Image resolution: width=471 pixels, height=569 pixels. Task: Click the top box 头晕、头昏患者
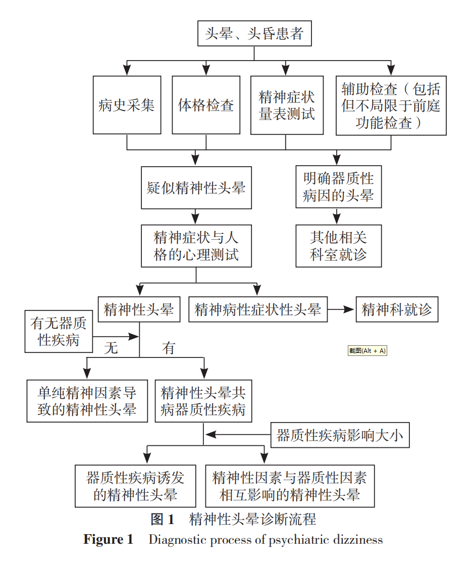254,33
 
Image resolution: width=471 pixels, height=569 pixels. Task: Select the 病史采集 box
127,105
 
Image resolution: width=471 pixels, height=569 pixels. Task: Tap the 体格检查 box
206,105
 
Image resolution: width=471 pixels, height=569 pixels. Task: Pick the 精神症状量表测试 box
287,105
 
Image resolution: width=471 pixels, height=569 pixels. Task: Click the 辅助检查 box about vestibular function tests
391,106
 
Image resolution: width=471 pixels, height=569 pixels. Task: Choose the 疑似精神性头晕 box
196,188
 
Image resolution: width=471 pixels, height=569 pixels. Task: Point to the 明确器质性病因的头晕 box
339,187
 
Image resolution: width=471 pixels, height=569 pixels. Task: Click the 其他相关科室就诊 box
339,246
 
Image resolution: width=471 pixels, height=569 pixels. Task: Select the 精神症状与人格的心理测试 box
196,246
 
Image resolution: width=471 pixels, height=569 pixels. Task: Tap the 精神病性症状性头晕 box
258,309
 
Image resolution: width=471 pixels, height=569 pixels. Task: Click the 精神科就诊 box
397,309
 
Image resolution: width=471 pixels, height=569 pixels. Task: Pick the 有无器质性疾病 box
59,331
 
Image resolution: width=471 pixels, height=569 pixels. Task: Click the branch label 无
111,348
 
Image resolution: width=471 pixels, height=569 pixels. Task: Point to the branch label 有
169,348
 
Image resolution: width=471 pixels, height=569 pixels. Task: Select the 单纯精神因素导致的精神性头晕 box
87,401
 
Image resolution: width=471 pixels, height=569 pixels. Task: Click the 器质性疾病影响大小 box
340,435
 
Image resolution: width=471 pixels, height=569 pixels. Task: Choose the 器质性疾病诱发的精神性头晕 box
135,486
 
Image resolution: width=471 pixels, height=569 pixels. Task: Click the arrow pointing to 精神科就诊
341,309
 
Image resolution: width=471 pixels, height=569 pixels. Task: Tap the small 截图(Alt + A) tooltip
367,350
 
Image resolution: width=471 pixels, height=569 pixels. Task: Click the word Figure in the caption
103,540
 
